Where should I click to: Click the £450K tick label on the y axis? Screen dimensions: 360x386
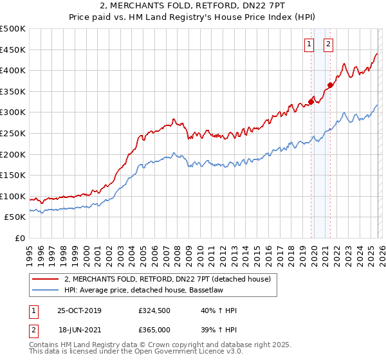13,50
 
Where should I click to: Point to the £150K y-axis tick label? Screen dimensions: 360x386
13,175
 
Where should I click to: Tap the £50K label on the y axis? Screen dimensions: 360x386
15,217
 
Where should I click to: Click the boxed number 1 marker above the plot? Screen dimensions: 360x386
309,44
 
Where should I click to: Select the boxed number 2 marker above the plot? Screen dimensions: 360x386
328,44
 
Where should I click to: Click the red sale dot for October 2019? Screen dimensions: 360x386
311,101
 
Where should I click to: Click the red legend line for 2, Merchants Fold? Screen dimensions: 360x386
45,279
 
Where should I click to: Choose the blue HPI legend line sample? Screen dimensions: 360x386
45,290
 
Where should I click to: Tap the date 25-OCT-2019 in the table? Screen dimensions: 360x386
79,310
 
